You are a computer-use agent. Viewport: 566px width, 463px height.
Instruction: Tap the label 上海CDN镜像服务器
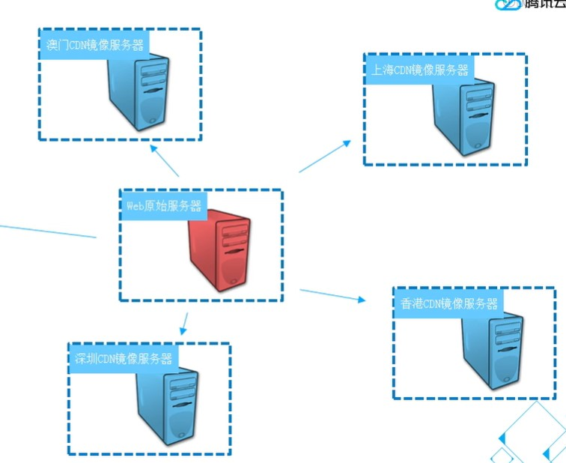tap(419, 70)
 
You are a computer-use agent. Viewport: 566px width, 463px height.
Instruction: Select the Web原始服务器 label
tap(163, 205)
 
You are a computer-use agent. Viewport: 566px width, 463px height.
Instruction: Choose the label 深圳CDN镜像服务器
tap(124, 358)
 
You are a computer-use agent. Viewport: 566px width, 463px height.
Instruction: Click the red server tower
tap(219, 250)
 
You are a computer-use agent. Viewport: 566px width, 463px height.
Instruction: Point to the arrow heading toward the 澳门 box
tap(164, 160)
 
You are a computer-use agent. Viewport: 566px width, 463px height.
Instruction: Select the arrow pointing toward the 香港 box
tap(332, 294)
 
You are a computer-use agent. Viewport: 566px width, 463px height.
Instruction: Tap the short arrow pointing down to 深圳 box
tap(184, 323)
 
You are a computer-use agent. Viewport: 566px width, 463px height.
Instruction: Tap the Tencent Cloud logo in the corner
tap(529, 4)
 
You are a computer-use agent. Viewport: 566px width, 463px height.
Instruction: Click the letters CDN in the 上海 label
tap(404, 70)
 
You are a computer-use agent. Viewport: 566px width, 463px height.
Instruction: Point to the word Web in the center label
tap(133, 205)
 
